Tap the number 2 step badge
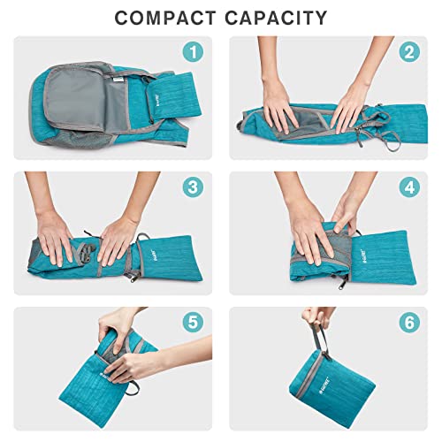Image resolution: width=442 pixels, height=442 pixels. click(408, 52)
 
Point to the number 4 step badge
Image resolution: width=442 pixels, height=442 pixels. click(408, 187)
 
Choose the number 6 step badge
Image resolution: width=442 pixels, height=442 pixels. click(408, 323)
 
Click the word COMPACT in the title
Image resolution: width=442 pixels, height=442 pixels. click(167, 17)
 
